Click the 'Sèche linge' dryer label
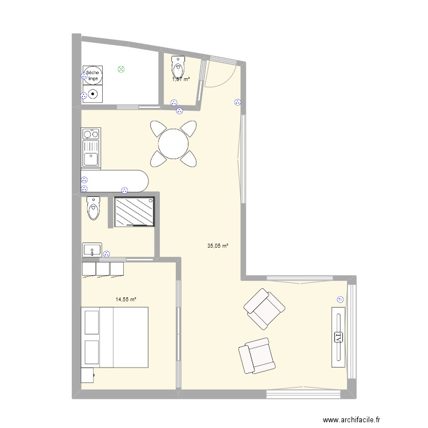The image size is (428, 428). (x=92, y=75)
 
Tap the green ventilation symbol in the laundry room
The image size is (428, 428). (x=121, y=70)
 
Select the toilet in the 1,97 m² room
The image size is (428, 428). (x=179, y=67)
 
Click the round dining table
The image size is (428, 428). (x=173, y=144)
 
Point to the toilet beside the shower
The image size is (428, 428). (x=93, y=208)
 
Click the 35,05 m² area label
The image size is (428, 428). (x=217, y=246)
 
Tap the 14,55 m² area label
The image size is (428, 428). (x=126, y=299)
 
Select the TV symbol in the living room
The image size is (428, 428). (x=338, y=337)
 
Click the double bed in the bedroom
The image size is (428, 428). (x=115, y=338)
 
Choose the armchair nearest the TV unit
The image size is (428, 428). (x=264, y=309)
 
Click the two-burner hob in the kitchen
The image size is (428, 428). (x=90, y=135)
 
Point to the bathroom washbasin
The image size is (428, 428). (x=92, y=250)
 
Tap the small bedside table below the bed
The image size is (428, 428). (x=87, y=375)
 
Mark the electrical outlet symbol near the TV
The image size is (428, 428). (x=341, y=299)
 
